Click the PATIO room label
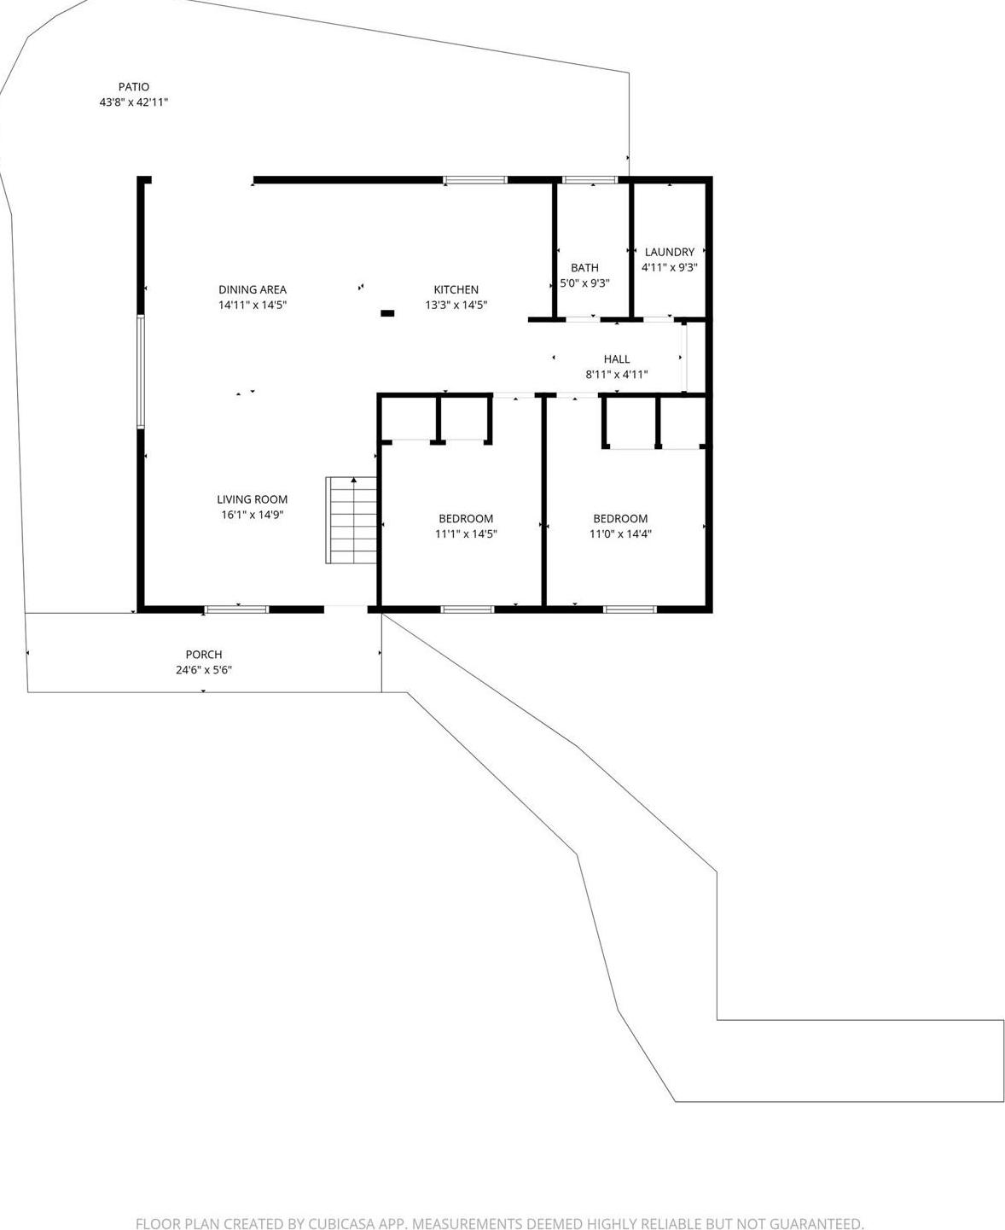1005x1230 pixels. click(x=134, y=86)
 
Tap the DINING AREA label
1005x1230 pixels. click(x=253, y=289)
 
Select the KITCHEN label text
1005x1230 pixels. click(x=456, y=289)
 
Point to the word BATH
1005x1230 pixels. click(x=585, y=268)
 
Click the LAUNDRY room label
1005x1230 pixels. click(x=670, y=252)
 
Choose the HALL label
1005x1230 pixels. click(x=617, y=359)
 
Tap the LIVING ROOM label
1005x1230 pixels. click(x=253, y=499)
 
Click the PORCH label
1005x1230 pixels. click(x=204, y=655)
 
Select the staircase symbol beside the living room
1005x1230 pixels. click(x=351, y=521)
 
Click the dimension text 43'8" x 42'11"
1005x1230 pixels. click(x=134, y=102)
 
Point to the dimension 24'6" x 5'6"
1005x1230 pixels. click(x=204, y=670)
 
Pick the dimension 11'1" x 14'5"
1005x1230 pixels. click(x=466, y=534)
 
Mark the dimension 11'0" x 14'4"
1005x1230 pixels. click(x=620, y=534)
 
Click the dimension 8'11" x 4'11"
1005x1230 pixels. click(x=617, y=375)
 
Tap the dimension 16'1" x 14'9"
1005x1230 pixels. click(x=253, y=515)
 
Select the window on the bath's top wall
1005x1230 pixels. click(x=590, y=180)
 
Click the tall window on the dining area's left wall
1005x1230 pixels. click(x=141, y=370)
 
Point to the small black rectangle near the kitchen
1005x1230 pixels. click(x=387, y=313)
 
